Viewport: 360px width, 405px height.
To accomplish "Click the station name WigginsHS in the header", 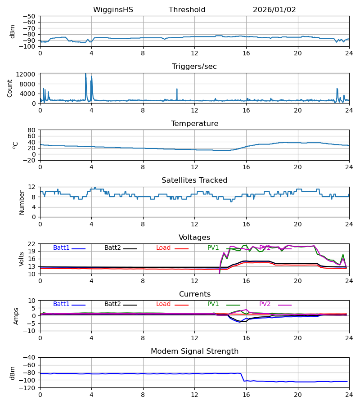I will pyautogui.click(x=113, y=10).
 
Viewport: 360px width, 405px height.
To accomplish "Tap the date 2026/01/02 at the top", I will pyautogui.click(x=274, y=10).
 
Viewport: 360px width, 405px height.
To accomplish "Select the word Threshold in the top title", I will pyautogui.click(x=187, y=10).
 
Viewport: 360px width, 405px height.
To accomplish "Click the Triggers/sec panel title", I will pyautogui.click(x=194, y=67).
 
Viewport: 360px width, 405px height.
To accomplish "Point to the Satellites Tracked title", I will pyautogui.click(x=194, y=180).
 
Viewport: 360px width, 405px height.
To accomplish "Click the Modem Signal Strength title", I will pyautogui.click(x=194, y=351).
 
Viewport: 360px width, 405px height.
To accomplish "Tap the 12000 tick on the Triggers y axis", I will pyautogui.click(x=27, y=74).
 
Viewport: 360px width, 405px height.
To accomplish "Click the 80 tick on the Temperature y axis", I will pyautogui.click(x=32, y=130).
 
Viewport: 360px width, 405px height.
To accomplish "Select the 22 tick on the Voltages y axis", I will pyautogui.click(x=32, y=244).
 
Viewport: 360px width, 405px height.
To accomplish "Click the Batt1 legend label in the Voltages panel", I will pyautogui.click(x=61, y=248).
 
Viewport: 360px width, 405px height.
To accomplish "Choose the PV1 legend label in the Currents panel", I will pyautogui.click(x=213, y=304).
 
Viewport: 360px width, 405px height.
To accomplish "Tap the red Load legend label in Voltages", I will pyautogui.click(x=163, y=248).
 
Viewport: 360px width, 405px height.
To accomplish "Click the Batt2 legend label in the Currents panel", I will pyautogui.click(x=112, y=304).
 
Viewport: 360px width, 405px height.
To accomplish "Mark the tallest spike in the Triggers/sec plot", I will pyautogui.click(x=85, y=74).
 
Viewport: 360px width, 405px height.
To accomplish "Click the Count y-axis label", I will pyautogui.click(x=10, y=88).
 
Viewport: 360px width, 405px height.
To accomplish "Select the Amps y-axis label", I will pyautogui.click(x=17, y=316).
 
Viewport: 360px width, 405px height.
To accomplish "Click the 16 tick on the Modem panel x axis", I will pyautogui.click(x=246, y=395).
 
